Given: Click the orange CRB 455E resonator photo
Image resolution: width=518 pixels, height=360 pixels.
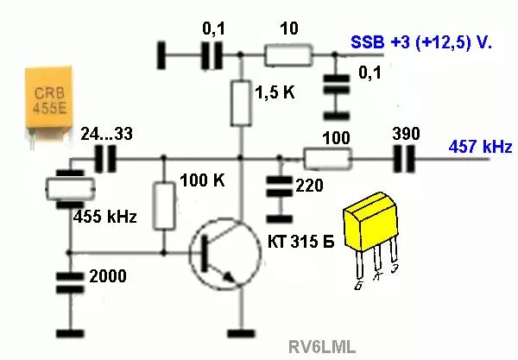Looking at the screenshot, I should pyautogui.click(x=41, y=99).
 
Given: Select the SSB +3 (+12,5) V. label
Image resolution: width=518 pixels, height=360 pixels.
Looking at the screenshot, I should pyautogui.click(x=420, y=41).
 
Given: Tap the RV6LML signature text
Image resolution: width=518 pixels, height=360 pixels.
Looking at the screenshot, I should pyautogui.click(x=322, y=346).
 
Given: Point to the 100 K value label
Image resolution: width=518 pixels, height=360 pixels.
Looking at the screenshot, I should pyautogui.click(x=202, y=181).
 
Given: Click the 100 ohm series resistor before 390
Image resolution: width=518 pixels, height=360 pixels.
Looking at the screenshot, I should pyautogui.click(x=328, y=159).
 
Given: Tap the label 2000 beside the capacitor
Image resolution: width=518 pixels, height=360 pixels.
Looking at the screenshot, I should pyautogui.click(x=108, y=276).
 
